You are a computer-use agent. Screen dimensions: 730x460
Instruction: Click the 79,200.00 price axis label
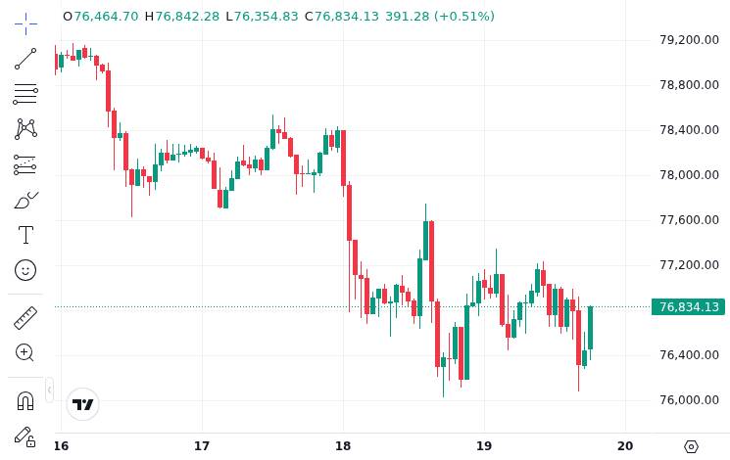click(689, 40)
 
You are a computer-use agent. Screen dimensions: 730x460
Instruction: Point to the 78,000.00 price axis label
click(689, 175)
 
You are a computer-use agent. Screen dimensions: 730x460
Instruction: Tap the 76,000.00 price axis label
click(689, 400)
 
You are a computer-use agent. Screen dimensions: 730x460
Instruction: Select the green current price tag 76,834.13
click(689, 307)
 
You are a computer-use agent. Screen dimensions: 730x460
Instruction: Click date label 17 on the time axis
click(202, 446)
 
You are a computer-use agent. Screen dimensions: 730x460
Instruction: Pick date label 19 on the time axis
click(484, 446)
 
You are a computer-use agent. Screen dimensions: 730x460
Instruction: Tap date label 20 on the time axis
click(625, 446)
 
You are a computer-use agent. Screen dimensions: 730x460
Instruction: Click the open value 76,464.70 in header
click(106, 17)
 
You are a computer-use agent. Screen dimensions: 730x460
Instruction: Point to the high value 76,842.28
click(187, 17)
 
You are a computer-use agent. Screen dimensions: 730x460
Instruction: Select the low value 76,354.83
click(266, 17)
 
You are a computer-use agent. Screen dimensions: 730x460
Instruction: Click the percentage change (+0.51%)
click(464, 17)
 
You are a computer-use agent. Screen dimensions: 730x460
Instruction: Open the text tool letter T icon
click(25, 235)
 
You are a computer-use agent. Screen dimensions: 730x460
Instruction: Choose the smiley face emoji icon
click(25, 270)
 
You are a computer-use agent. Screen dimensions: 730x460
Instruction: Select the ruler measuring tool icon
click(25, 318)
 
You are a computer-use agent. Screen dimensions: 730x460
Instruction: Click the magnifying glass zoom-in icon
click(24, 352)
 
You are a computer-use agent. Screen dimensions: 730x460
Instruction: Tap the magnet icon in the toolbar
click(25, 400)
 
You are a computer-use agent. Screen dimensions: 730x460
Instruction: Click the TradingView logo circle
click(83, 404)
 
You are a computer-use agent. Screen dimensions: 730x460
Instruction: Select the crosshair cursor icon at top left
click(25, 23)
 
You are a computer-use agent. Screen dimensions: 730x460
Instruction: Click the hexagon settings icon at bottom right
click(692, 447)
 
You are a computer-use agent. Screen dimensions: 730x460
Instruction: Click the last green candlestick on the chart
click(590, 328)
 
